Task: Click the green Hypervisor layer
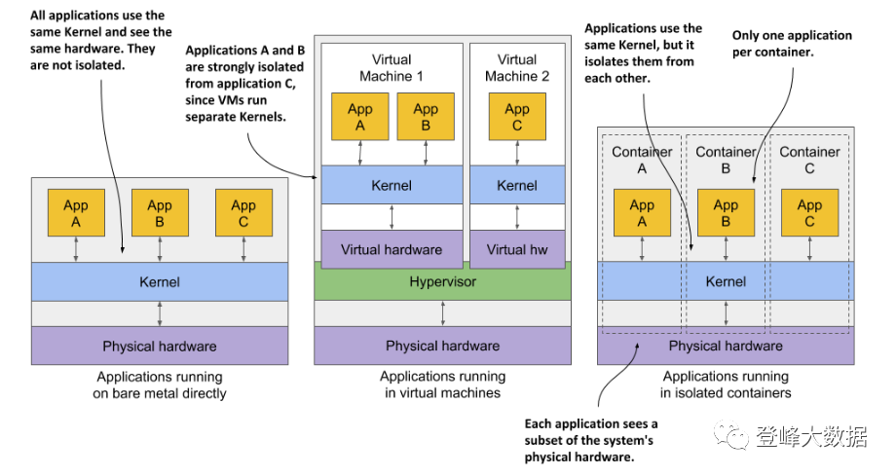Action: tap(442, 281)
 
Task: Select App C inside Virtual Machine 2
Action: tap(517, 117)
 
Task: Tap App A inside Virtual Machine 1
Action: tap(360, 117)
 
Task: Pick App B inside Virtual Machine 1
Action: tap(426, 117)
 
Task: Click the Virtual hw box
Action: tap(517, 249)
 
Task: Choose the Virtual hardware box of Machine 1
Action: tap(392, 249)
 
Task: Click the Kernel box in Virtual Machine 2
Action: tap(517, 185)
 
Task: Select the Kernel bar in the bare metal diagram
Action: tap(160, 282)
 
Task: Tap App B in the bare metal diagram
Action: tap(160, 213)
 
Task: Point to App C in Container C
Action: tap(809, 213)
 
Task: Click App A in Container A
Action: tap(642, 213)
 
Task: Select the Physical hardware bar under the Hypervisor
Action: tap(442, 346)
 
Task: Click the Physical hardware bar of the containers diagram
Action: tap(726, 346)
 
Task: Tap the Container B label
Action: tap(726, 160)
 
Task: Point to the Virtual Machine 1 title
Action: tap(392, 68)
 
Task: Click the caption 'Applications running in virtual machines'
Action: tap(442, 384)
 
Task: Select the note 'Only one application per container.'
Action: tap(792, 44)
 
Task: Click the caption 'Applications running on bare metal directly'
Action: tap(160, 384)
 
